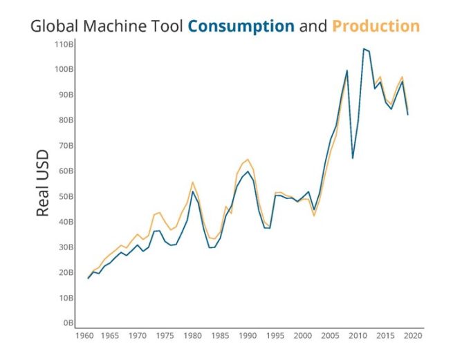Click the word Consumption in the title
[x=241, y=27]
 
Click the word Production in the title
[x=376, y=27]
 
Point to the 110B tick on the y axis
[x=64, y=44]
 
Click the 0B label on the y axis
[x=68, y=323]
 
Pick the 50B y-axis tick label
[x=66, y=196]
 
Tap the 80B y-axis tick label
[x=66, y=120]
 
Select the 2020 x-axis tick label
[x=414, y=336]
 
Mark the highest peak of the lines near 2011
[x=364, y=49]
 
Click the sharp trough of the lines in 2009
[x=353, y=158]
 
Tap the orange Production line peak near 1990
[x=248, y=159]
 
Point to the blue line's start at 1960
[x=88, y=278]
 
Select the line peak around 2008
[x=346, y=70]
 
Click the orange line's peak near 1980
[x=193, y=182]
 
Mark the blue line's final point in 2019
[x=408, y=115]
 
